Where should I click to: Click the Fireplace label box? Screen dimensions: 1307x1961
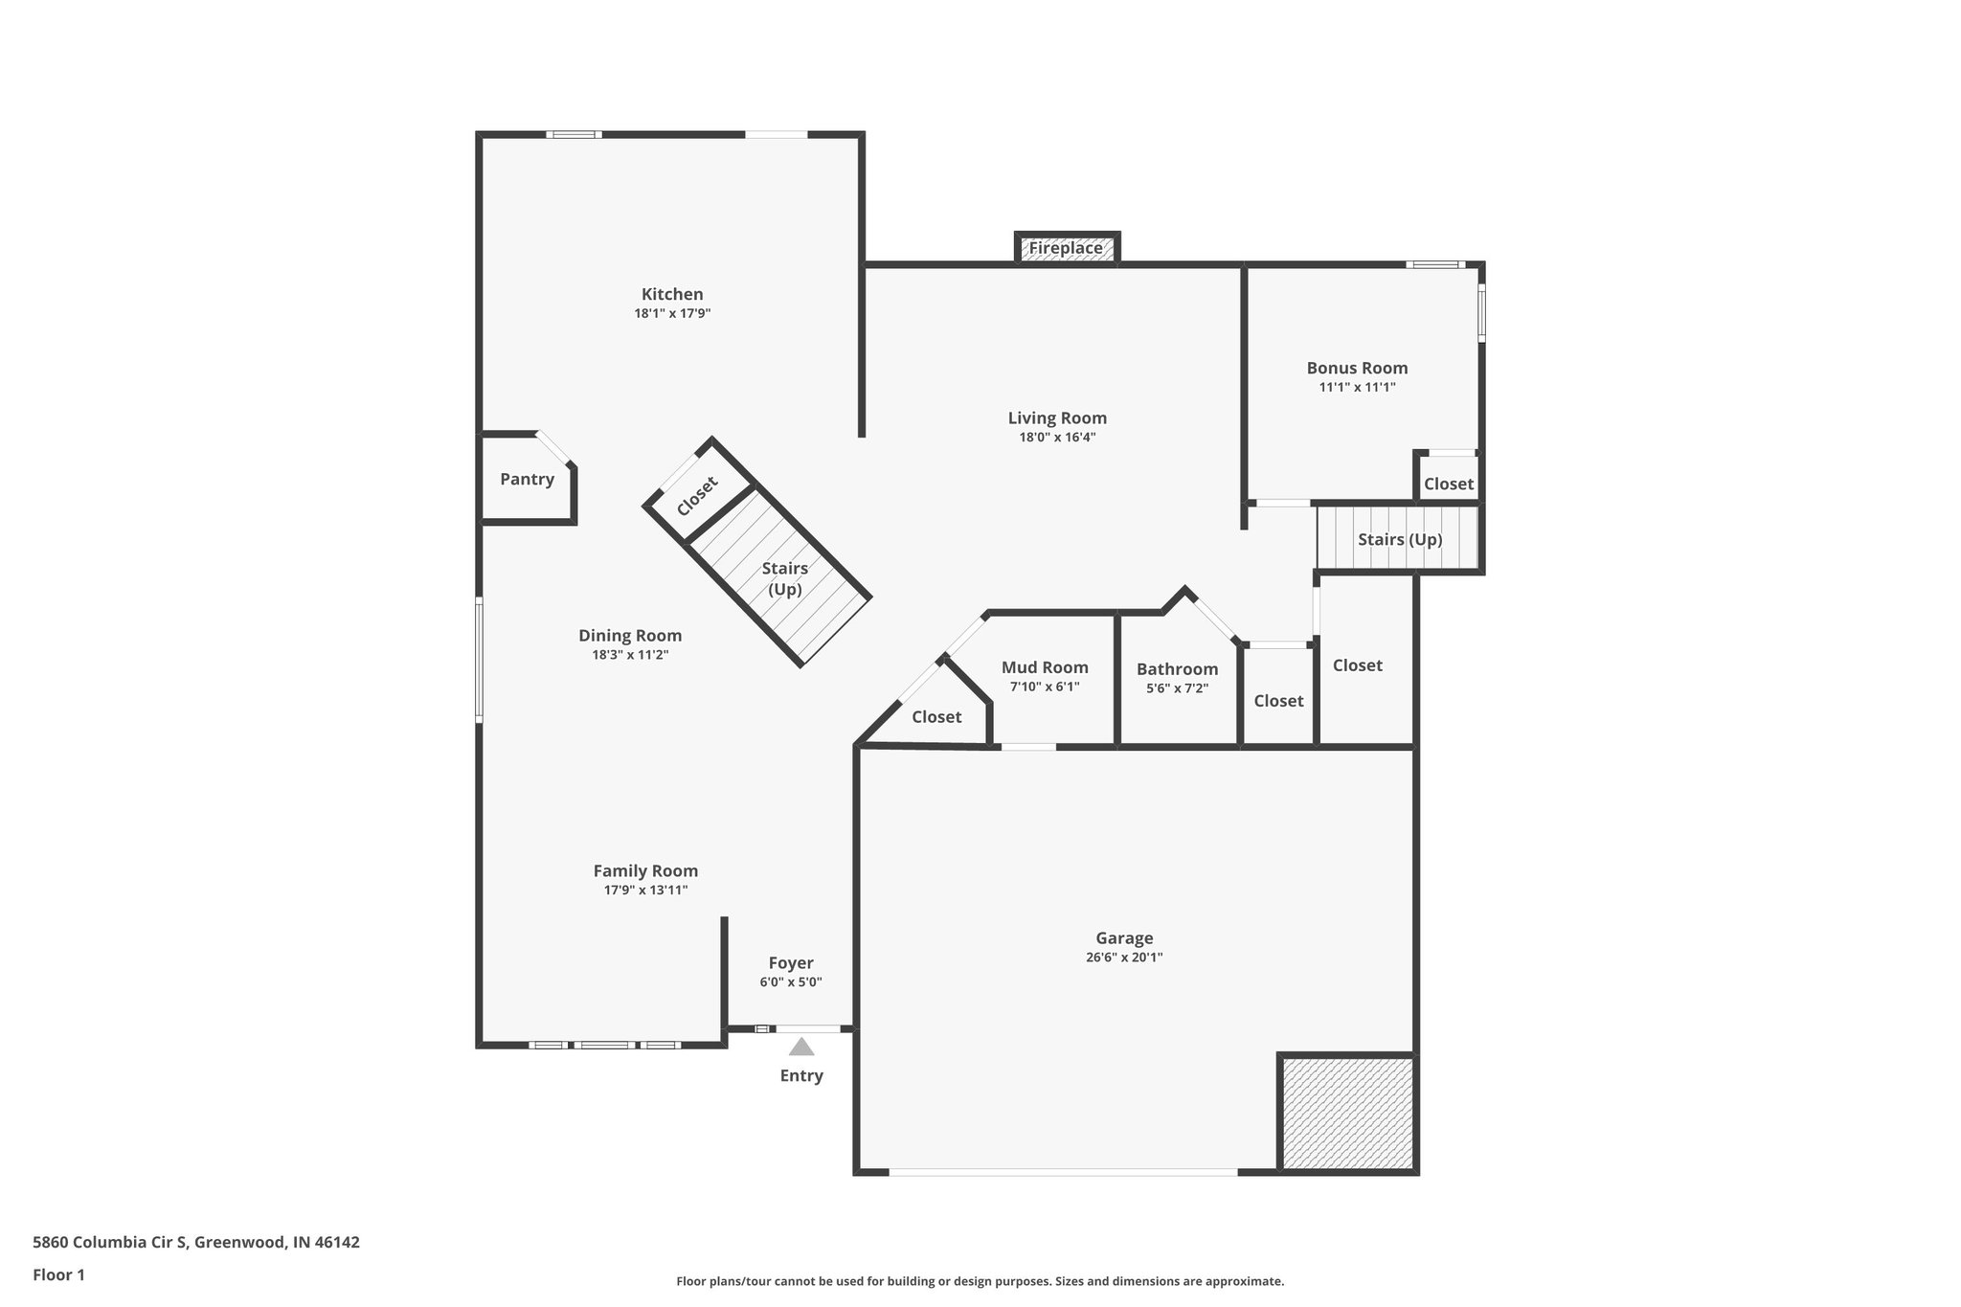(1066, 249)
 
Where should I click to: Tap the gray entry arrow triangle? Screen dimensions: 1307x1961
(801, 1047)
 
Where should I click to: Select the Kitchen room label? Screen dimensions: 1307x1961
(672, 294)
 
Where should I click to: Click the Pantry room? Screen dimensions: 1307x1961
(527, 480)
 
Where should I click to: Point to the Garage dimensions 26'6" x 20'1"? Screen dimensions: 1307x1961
(1124, 958)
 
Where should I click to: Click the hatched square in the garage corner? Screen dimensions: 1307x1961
(1347, 1114)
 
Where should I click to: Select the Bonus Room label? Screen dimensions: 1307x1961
(1357, 368)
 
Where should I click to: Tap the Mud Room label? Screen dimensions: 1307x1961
(1045, 667)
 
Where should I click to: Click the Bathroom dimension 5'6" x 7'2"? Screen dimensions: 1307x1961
(1177, 688)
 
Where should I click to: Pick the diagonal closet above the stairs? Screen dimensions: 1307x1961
(697, 496)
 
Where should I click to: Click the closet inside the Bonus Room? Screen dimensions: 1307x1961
(1448, 484)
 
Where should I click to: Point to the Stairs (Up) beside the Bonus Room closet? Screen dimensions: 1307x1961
(1399, 540)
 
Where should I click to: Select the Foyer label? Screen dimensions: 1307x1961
(791, 963)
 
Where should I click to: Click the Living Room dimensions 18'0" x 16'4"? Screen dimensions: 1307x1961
(1057, 438)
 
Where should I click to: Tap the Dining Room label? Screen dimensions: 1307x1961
(630, 636)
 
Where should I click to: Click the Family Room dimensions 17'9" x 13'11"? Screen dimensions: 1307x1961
(645, 890)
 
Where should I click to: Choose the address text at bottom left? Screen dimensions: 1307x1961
(196, 1243)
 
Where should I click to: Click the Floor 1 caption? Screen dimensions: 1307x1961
(58, 1274)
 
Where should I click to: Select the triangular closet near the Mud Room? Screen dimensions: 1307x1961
(935, 717)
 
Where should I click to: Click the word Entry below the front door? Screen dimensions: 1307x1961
(801, 1076)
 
